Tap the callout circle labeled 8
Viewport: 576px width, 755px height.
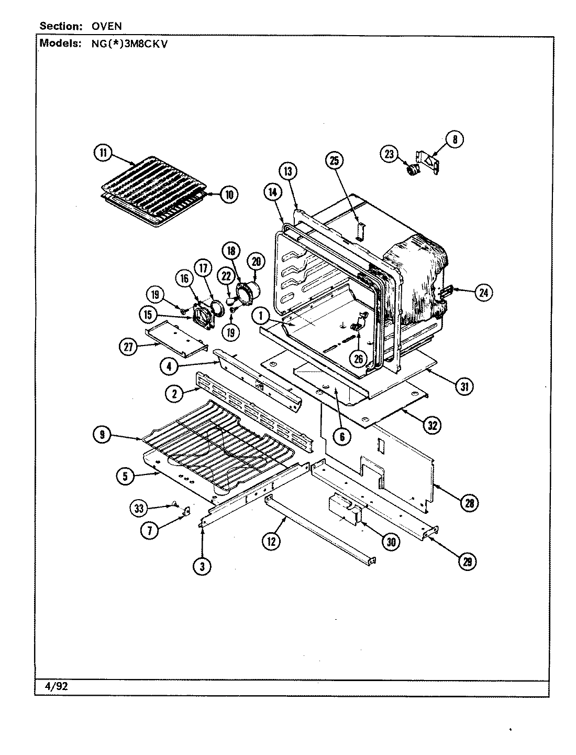(455, 139)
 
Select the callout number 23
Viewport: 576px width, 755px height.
(389, 154)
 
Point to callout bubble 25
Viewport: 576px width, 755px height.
(335, 160)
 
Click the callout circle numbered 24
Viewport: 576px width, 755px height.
(483, 293)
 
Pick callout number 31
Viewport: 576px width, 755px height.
(464, 387)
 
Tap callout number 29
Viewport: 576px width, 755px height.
(467, 561)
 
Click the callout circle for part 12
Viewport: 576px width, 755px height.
(271, 542)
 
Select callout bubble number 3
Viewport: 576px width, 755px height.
(203, 565)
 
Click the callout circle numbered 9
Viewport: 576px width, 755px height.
(103, 434)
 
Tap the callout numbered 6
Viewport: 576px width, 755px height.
(341, 436)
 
